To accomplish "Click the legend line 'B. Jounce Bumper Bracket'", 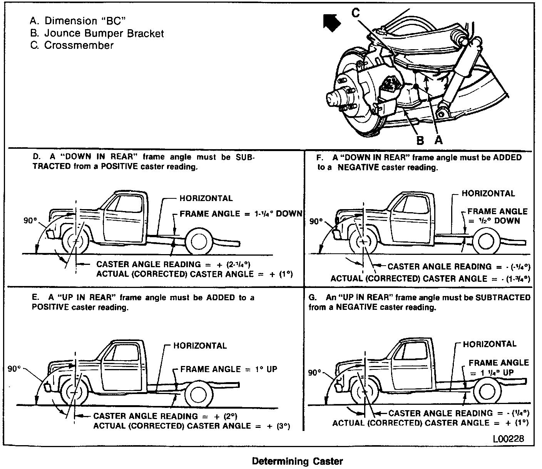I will tap(97, 33).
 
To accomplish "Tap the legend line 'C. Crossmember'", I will tap(72, 45).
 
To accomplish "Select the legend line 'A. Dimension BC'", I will tap(78, 21).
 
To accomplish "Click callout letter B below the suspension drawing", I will tap(420, 140).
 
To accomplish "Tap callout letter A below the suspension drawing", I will tap(438, 140).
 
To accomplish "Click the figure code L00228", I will tap(508, 439).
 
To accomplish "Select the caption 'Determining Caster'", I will tap(297, 461).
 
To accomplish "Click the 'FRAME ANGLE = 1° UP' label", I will tap(229, 369).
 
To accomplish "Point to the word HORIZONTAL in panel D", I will tap(206, 198).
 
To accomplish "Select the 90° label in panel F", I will tap(316, 221).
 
